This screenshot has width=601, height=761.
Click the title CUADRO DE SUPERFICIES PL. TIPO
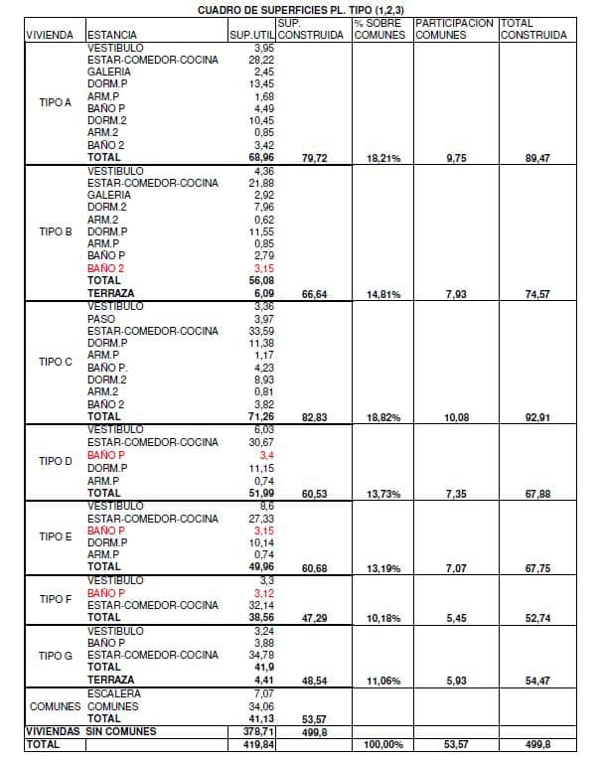[300, 9]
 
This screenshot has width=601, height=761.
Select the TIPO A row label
[56, 102]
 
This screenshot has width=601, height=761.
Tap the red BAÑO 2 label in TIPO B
[106, 268]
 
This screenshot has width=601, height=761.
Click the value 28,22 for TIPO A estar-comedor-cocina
[262, 60]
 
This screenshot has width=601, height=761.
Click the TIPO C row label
[56, 362]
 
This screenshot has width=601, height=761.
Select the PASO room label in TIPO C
[101, 318]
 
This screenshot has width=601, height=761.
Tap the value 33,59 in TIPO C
[262, 331]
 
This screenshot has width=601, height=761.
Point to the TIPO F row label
[56, 599]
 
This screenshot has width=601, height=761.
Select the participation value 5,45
[455, 617]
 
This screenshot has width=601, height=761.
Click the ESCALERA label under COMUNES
[113, 692]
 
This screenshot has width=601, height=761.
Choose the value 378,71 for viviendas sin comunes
[258, 730]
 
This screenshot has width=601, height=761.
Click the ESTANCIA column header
[111, 35]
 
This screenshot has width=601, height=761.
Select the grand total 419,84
[258, 743]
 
